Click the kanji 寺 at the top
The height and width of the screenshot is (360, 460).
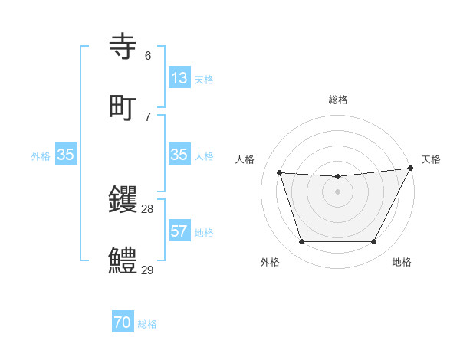click(x=123, y=47)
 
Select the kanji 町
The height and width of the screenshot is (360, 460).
click(x=123, y=106)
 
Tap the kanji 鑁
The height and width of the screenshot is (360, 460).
click(x=123, y=200)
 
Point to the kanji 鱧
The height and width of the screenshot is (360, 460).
click(x=123, y=260)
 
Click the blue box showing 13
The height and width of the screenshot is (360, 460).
click(x=179, y=78)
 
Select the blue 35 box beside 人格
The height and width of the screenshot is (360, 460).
click(x=179, y=155)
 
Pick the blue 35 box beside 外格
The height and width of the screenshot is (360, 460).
click(x=65, y=155)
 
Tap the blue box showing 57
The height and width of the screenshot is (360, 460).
click(x=179, y=231)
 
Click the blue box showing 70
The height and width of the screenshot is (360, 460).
click(x=123, y=323)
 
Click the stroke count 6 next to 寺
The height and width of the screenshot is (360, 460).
click(x=148, y=55)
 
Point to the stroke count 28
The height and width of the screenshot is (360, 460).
click(x=148, y=208)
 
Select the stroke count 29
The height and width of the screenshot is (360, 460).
click(x=148, y=270)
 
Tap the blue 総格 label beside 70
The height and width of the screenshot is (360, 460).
click(x=147, y=324)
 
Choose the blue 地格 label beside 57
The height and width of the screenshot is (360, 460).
click(x=204, y=232)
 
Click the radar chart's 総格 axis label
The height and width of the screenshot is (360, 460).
click(x=338, y=100)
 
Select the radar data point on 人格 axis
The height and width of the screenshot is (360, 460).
click(x=280, y=173)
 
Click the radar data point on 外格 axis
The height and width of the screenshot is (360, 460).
click(x=301, y=242)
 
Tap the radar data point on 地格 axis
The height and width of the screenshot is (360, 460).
click(x=374, y=242)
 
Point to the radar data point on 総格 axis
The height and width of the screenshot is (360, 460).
click(x=338, y=177)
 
